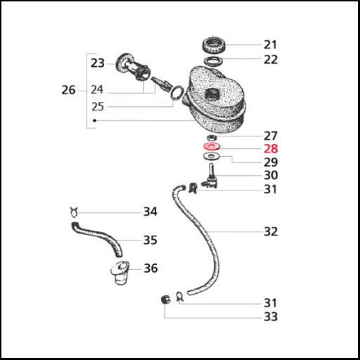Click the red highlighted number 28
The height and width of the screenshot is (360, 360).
click(271, 148)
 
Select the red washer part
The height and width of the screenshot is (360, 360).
click(212, 146)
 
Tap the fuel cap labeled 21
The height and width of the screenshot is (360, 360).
click(214, 46)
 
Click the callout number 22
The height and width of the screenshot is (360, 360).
click(271, 60)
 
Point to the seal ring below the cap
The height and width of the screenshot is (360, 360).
click(214, 61)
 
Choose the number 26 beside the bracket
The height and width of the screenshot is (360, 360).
click(68, 90)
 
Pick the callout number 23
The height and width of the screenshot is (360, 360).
click(98, 63)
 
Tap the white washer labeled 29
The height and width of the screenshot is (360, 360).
click(212, 156)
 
